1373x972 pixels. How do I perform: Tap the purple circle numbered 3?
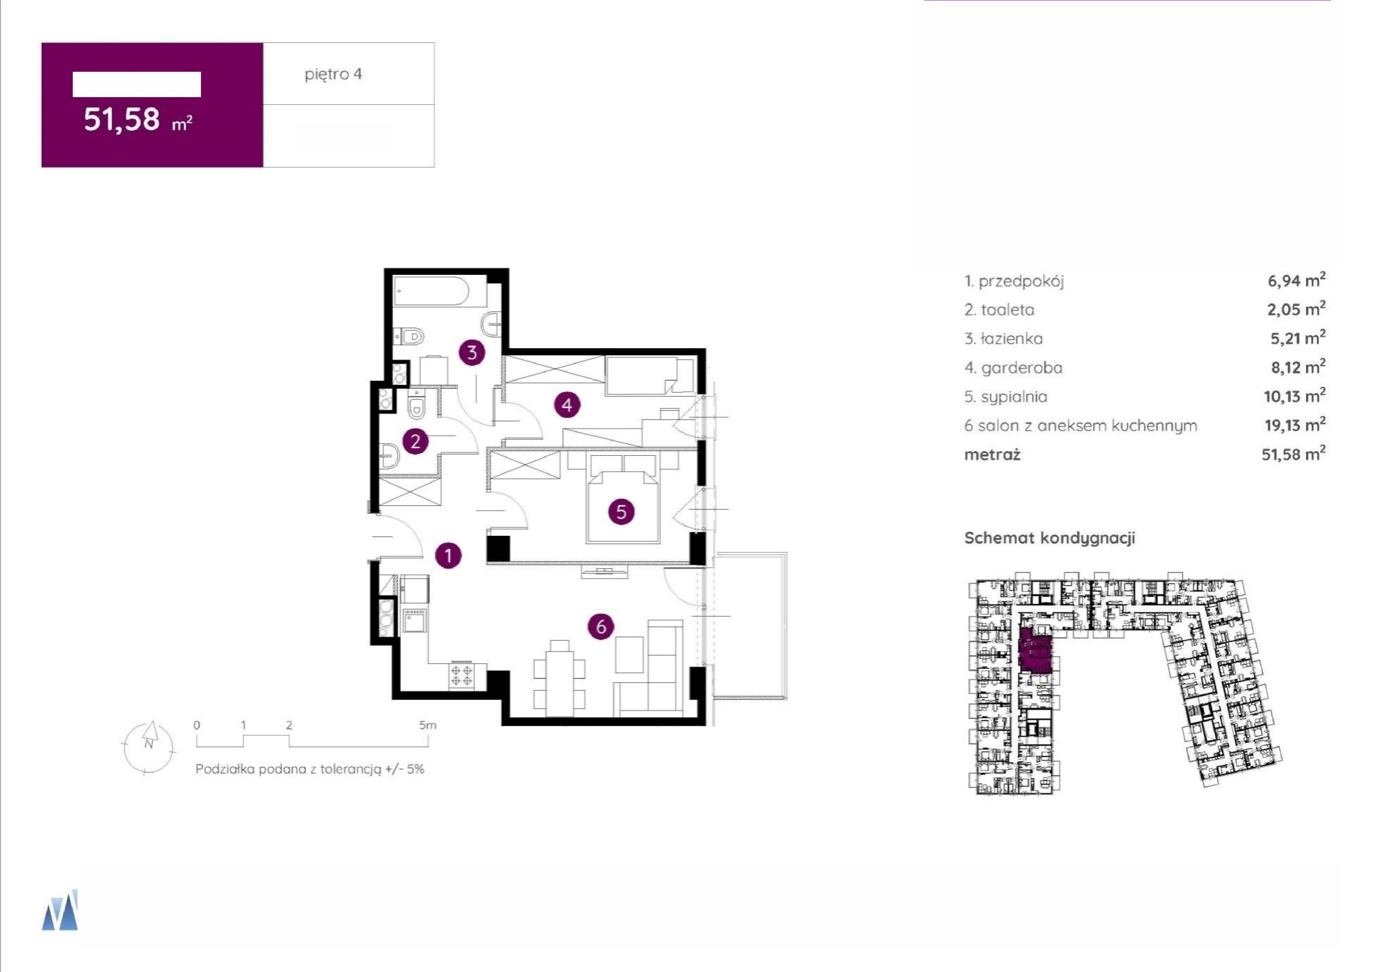coord(472,353)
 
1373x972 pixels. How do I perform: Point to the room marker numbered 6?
coord(601,627)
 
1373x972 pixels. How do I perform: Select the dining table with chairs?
coord(559,678)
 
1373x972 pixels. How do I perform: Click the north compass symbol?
coord(150,748)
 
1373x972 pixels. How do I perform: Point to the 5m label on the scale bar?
coord(428,725)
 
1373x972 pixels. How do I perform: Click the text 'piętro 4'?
coord(333,74)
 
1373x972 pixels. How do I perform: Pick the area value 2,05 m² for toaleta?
coord(1297,309)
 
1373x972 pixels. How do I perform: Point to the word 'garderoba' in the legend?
coord(1022,368)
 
